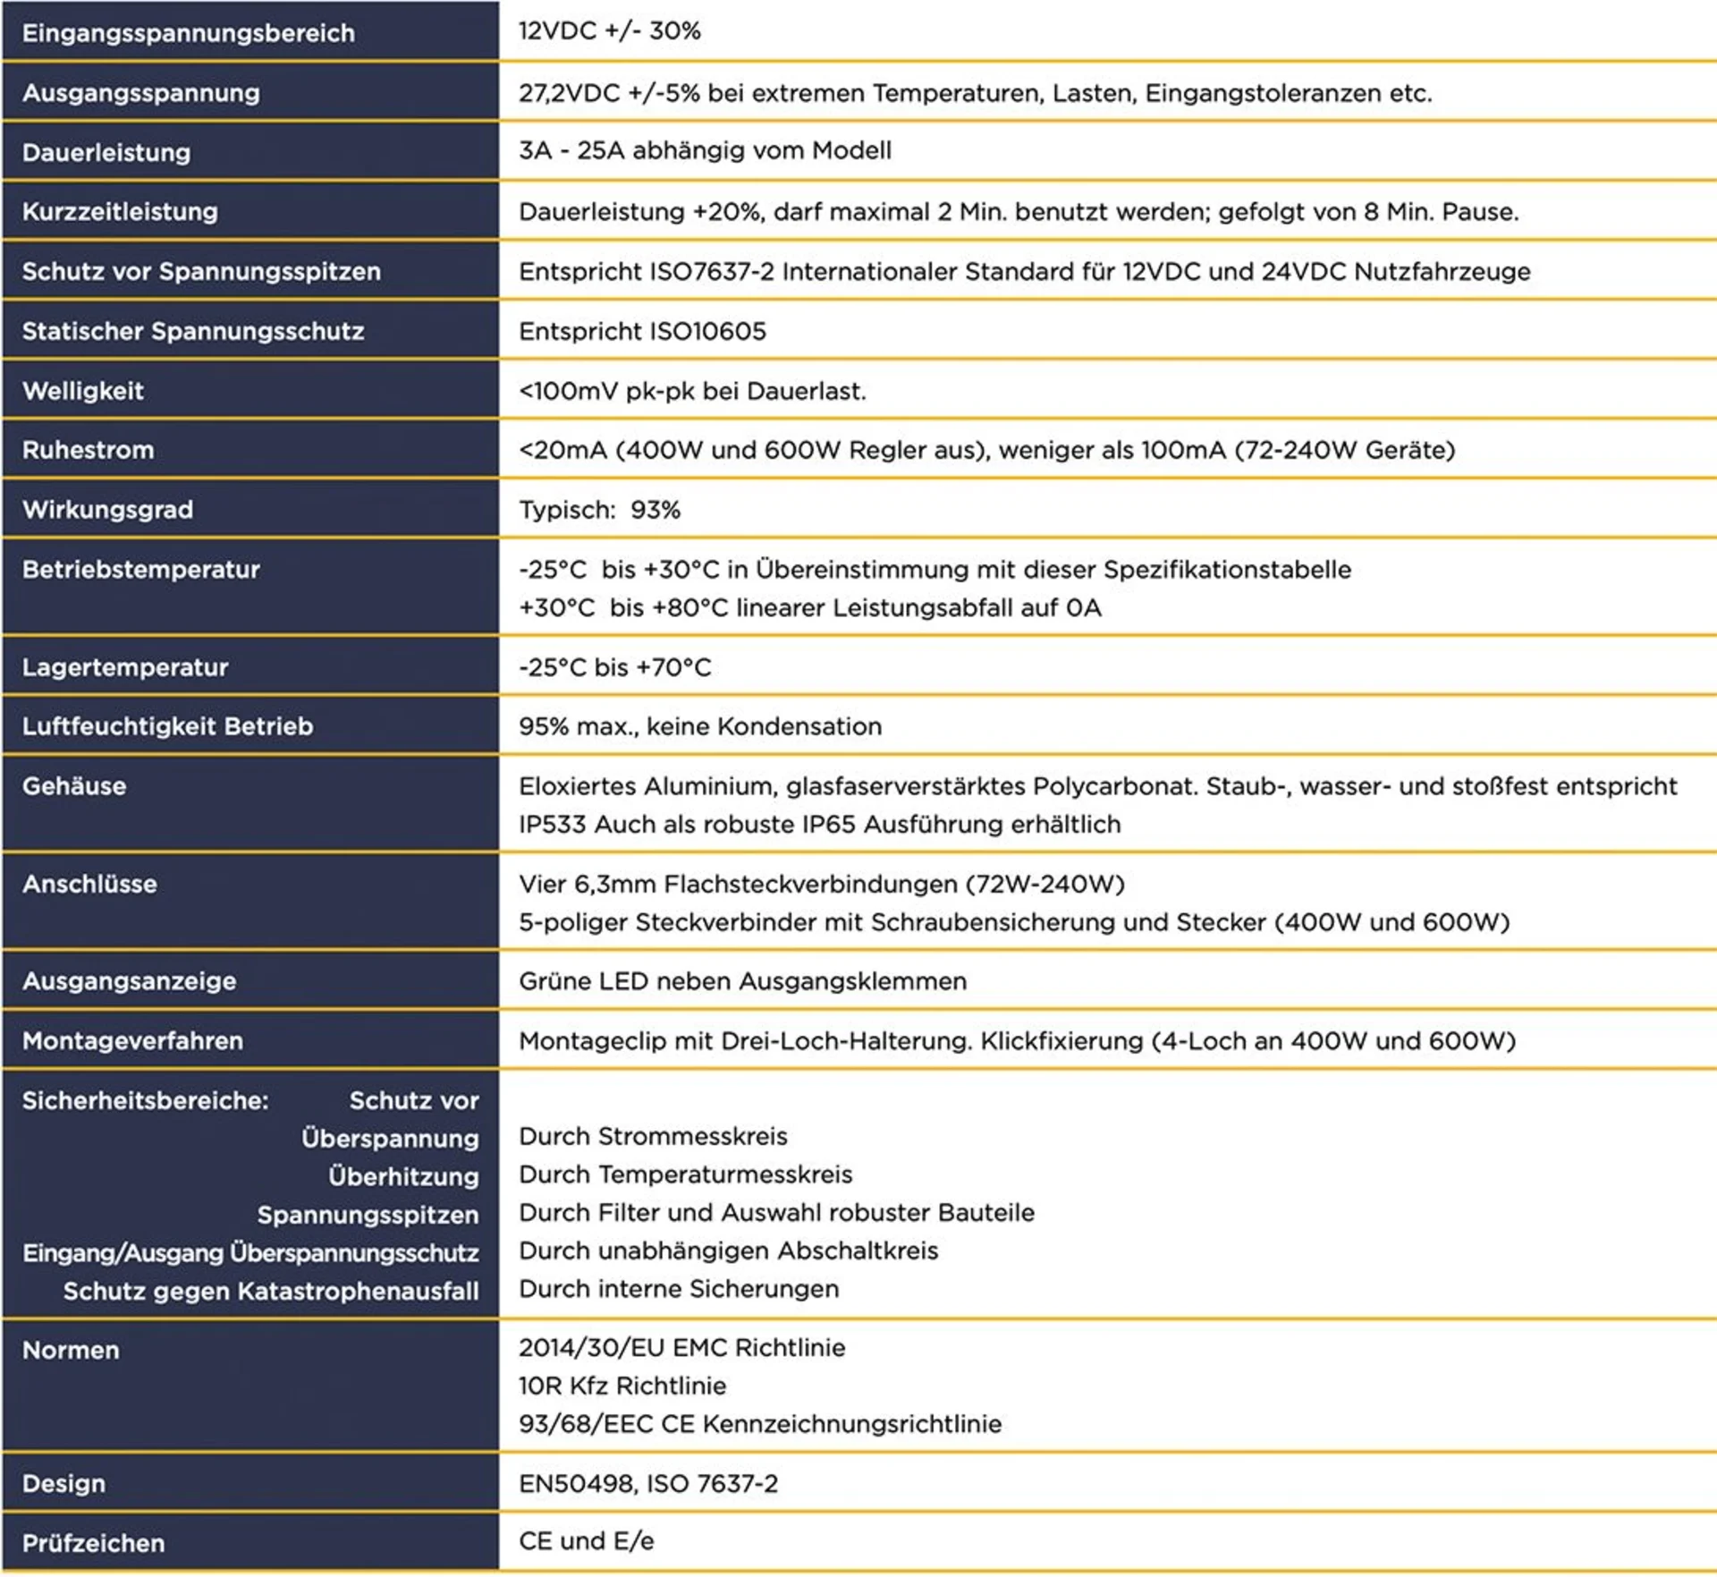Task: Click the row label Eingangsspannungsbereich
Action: click(x=188, y=33)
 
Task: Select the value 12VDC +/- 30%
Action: click(x=609, y=31)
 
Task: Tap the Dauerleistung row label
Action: click(x=106, y=152)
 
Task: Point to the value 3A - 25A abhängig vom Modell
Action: click(x=705, y=150)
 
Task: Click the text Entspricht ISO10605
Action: click(x=642, y=331)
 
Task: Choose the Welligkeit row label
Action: click(x=83, y=391)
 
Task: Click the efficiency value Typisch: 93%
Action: click(x=599, y=510)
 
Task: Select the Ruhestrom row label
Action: click(x=88, y=450)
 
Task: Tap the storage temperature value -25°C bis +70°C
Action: click(x=614, y=667)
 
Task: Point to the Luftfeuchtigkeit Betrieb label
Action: click(x=167, y=726)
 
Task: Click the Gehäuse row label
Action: click(x=74, y=786)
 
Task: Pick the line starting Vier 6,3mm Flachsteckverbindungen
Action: click(x=821, y=884)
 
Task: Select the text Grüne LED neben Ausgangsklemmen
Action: click(x=742, y=981)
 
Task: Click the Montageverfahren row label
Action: click(x=132, y=1041)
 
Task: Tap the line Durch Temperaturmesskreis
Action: click(x=685, y=1174)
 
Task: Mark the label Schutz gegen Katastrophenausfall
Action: click(x=271, y=1291)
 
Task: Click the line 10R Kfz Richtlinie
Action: click(x=622, y=1386)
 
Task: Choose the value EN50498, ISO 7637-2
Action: click(x=648, y=1483)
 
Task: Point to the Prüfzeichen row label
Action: click(x=93, y=1543)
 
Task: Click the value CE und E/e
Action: click(x=586, y=1541)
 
